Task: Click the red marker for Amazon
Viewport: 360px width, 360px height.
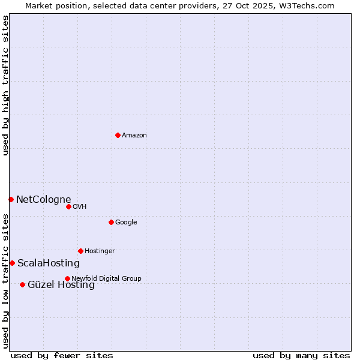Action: [x=118, y=135]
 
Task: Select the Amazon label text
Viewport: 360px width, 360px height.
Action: [x=134, y=136]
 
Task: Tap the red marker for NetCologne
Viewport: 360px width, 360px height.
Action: [x=11, y=199]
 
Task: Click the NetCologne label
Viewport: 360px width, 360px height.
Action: [x=43, y=200]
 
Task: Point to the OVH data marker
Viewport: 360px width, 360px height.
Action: [x=68, y=206]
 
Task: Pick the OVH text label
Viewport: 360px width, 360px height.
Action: [x=80, y=207]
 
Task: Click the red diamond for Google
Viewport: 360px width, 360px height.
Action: [x=111, y=222]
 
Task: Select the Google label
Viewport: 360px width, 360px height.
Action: [x=126, y=223]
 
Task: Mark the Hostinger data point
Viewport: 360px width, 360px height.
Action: [x=80, y=251]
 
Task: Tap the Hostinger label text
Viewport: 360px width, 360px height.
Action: [x=100, y=251]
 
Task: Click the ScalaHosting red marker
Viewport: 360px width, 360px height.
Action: [x=12, y=263]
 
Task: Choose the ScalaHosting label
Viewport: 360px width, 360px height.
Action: [x=48, y=263]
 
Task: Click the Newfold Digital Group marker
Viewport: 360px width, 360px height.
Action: [x=67, y=278]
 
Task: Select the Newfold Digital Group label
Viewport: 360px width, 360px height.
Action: [x=106, y=279]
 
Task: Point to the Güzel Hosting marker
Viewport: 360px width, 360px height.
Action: [x=22, y=284]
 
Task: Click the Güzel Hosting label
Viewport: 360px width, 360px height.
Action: [x=61, y=285]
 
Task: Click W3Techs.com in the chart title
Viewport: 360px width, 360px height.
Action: [x=310, y=5]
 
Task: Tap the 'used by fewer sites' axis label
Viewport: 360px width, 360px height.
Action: [x=62, y=355]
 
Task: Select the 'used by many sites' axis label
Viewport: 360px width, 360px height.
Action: [x=301, y=355]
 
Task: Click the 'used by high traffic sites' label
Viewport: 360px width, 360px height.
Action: [x=5, y=85]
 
